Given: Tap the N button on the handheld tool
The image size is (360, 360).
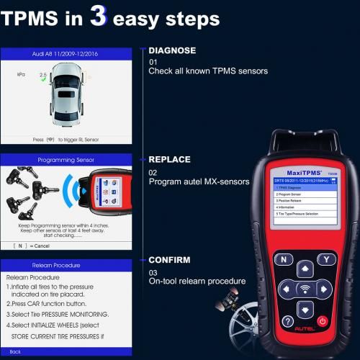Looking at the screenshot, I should (284, 259).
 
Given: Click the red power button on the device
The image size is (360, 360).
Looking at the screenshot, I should (323, 320).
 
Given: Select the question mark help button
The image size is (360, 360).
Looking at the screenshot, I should (287, 321).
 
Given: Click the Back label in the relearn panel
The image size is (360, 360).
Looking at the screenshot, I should (16, 351).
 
